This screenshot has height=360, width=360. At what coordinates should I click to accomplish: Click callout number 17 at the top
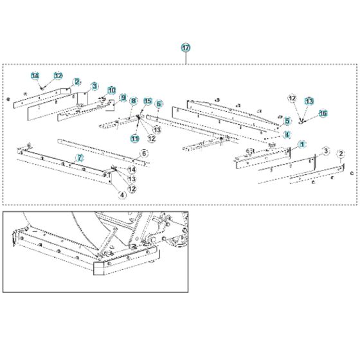click(x=186, y=48)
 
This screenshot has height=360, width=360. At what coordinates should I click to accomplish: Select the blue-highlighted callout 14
click(x=35, y=76)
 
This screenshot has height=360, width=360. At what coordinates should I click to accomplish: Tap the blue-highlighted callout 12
click(x=58, y=76)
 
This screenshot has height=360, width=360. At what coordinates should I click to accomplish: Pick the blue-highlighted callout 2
click(x=76, y=82)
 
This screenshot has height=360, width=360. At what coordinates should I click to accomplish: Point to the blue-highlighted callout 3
click(x=94, y=85)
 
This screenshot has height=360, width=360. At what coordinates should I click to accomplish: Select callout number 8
click(x=134, y=101)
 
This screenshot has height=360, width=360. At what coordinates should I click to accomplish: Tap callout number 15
click(x=147, y=101)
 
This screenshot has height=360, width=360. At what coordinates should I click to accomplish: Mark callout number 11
click(x=135, y=138)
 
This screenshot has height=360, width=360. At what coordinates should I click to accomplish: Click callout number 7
click(x=80, y=157)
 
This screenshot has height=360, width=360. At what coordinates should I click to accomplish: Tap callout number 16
click(x=323, y=113)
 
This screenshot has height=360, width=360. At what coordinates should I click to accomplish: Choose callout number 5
click(x=287, y=120)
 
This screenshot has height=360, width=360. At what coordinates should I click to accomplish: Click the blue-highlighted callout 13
click(x=309, y=101)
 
